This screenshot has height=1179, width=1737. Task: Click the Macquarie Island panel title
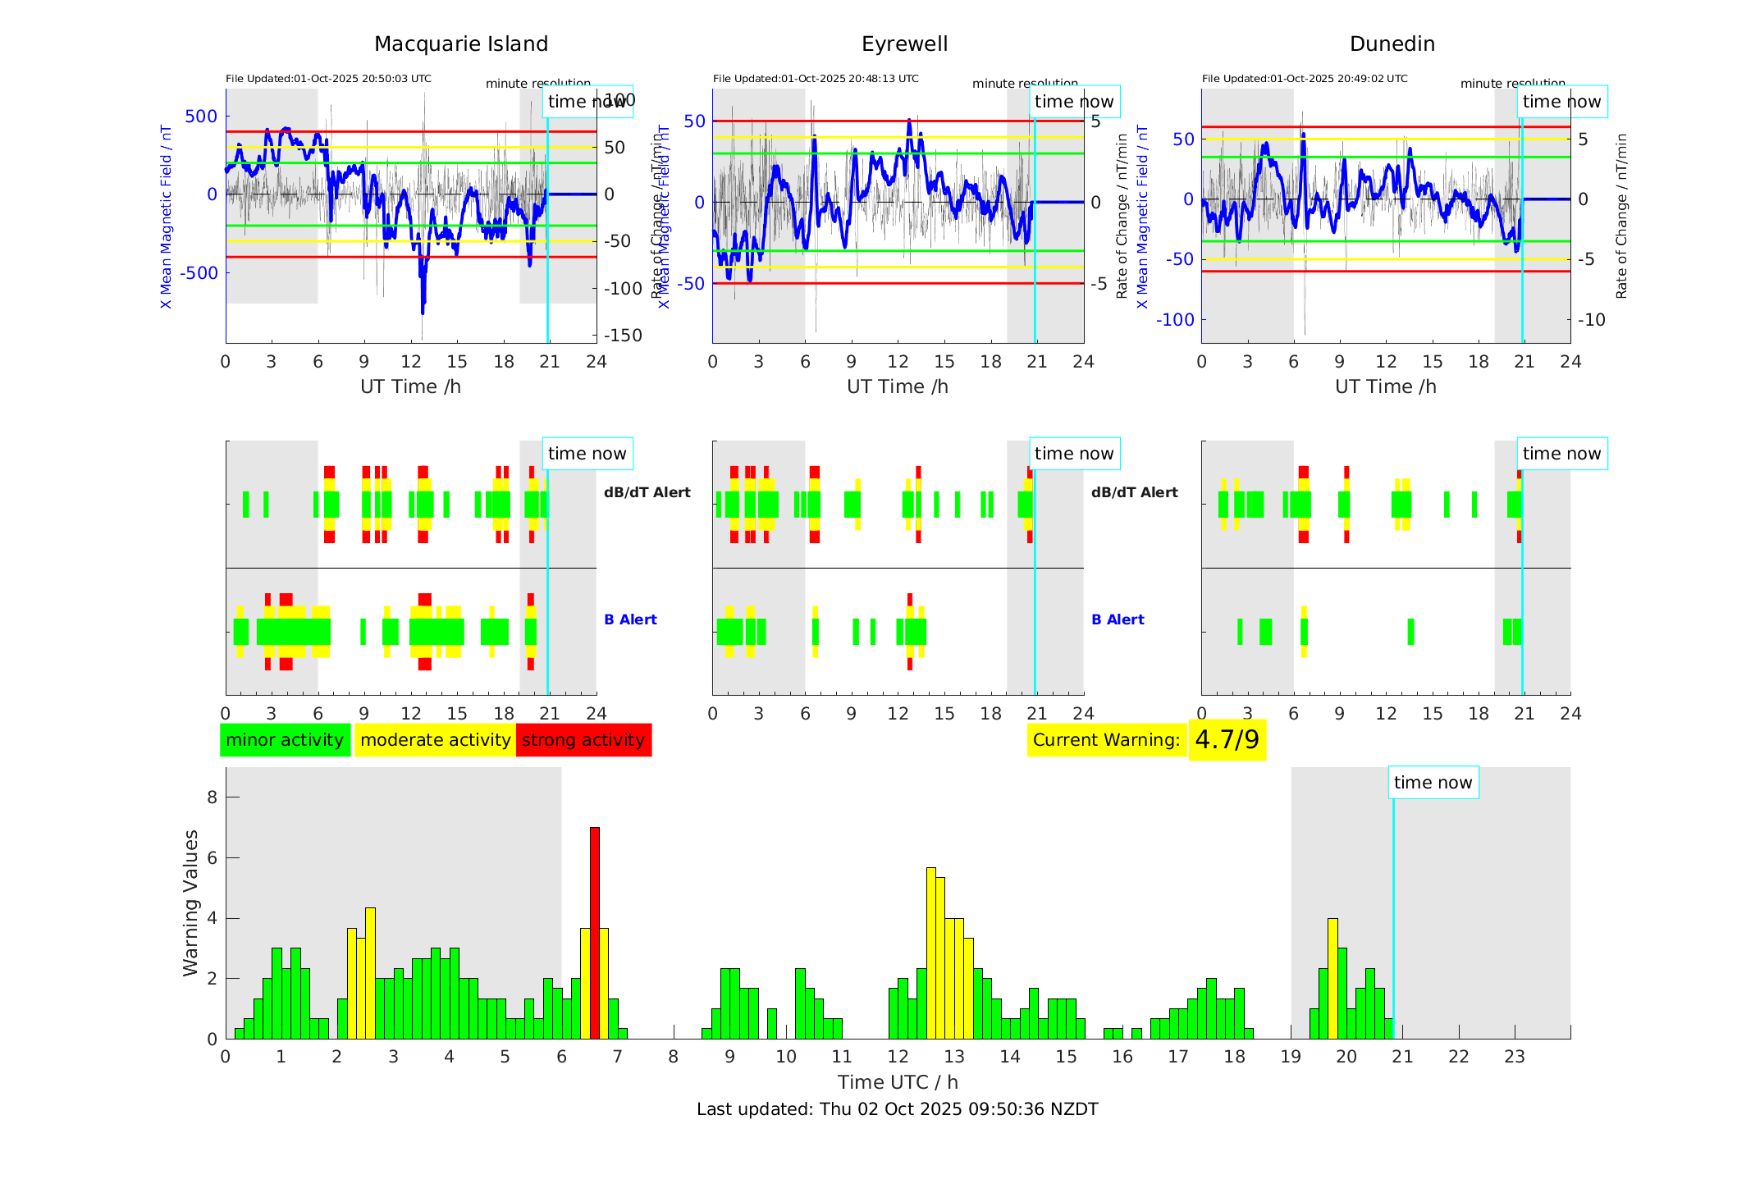pyautogui.click(x=460, y=43)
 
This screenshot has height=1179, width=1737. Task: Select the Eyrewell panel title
pyautogui.click(x=904, y=43)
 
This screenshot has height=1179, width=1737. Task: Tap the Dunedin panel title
pyautogui.click(x=1392, y=43)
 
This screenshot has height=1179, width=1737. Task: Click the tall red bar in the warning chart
pyautogui.click(x=595, y=932)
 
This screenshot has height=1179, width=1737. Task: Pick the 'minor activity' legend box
pyautogui.click(x=285, y=740)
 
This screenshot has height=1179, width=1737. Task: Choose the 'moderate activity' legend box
pyautogui.click(x=435, y=740)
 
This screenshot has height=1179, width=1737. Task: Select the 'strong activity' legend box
pyautogui.click(x=583, y=740)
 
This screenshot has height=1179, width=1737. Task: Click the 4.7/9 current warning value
pyautogui.click(x=1227, y=740)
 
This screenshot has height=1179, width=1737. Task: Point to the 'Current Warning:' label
pyautogui.click(x=1106, y=740)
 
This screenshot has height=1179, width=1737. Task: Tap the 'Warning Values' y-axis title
pyautogui.click(x=190, y=903)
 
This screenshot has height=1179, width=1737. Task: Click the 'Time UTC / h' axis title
pyautogui.click(x=898, y=1082)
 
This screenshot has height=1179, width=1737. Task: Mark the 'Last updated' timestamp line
pyautogui.click(x=897, y=1109)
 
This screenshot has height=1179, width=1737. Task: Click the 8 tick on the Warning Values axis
pyautogui.click(x=212, y=797)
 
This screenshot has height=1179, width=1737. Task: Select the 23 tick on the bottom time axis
pyautogui.click(x=1514, y=1057)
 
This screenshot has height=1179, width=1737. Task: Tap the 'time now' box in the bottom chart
pyautogui.click(x=1433, y=783)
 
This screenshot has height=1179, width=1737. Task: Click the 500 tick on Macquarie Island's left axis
pyautogui.click(x=201, y=117)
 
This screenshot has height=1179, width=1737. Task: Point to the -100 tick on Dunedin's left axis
pyautogui.click(x=1175, y=319)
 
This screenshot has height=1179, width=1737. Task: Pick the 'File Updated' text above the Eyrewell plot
pyautogui.click(x=816, y=79)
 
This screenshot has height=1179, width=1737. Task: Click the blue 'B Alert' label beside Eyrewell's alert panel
pyautogui.click(x=1118, y=619)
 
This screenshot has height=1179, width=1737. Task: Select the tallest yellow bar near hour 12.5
pyautogui.click(x=931, y=952)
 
